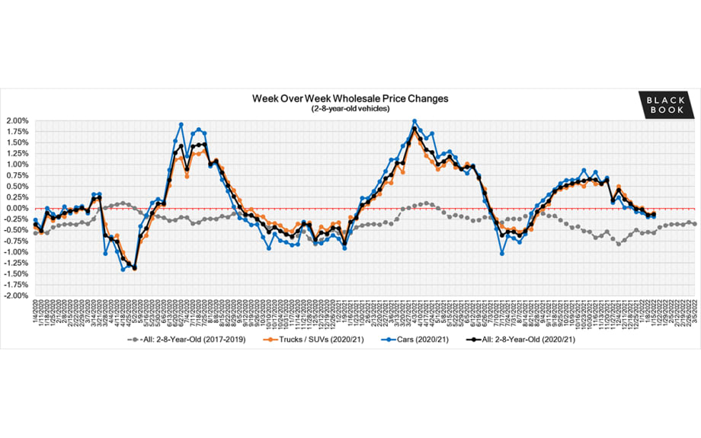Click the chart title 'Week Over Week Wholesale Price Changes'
click(x=350, y=98)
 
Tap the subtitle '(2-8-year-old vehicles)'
click(x=350, y=108)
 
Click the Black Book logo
click(x=666, y=104)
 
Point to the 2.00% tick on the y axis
click(x=16, y=121)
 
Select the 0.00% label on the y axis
click(x=16, y=208)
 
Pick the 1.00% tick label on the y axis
click(x=16, y=165)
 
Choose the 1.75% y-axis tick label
click(x=16, y=132)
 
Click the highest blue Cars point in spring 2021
click(x=414, y=121)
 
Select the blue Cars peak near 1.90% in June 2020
click(x=181, y=125)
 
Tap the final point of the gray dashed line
click(x=693, y=223)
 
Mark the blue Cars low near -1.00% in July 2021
click(x=501, y=253)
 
